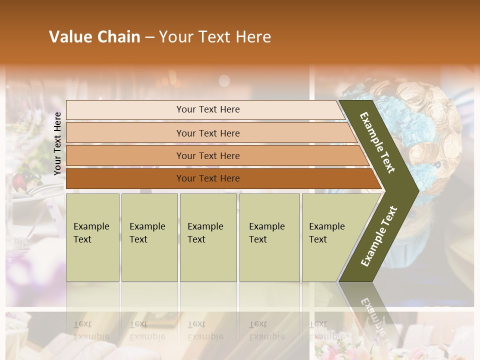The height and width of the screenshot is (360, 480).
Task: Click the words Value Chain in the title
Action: pyautogui.click(x=94, y=37)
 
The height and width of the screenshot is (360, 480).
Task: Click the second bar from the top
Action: pyautogui.click(x=207, y=133)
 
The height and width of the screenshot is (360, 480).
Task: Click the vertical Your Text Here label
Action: pyautogui.click(x=57, y=143)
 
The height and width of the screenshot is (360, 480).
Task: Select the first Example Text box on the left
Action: pyautogui.click(x=92, y=237)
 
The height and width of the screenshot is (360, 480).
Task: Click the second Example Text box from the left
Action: pyautogui.click(x=149, y=237)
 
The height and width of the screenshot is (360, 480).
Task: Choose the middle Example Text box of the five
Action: pyautogui.click(x=208, y=237)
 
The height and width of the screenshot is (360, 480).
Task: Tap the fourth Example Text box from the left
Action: pyautogui.click(x=269, y=237)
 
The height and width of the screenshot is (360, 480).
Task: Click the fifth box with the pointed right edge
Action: pyautogui.click(x=330, y=237)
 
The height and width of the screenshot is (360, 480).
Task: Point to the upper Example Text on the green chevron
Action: pyautogui.click(x=377, y=142)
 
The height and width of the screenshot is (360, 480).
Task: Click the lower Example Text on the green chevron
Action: pyautogui.click(x=378, y=236)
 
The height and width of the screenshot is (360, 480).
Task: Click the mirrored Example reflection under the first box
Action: pyautogui.click(x=91, y=335)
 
